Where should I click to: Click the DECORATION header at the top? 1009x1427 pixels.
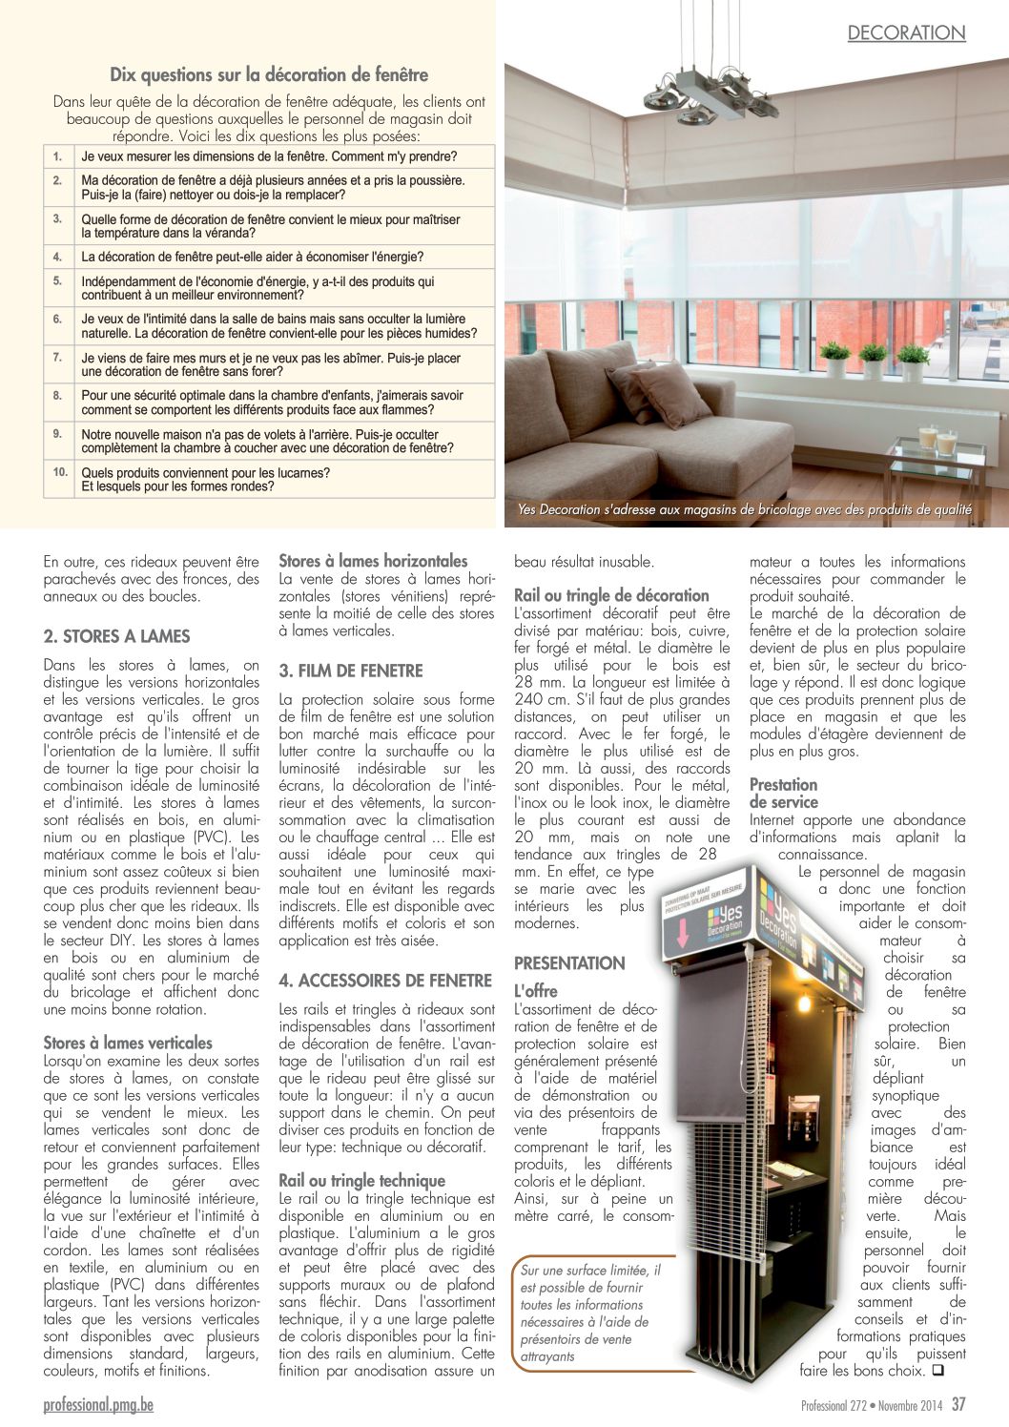[x=906, y=33]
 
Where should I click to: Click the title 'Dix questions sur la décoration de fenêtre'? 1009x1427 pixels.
[x=269, y=75]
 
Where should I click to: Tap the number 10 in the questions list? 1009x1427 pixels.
[x=60, y=472]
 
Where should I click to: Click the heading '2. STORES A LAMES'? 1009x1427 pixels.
[x=116, y=636]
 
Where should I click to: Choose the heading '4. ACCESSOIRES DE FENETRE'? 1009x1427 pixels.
[x=385, y=981]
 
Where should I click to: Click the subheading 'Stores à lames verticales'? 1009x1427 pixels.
[x=128, y=1043]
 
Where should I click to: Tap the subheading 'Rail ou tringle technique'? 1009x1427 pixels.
[x=361, y=1181]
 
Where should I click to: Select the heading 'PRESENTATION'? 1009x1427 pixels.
[x=569, y=963]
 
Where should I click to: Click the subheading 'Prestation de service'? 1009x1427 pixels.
[x=784, y=794]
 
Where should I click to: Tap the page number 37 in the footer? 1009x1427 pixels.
[x=958, y=1404]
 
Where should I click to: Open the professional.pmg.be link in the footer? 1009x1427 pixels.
[x=98, y=1405]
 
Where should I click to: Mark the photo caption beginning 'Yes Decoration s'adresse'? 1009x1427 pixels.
[x=744, y=510]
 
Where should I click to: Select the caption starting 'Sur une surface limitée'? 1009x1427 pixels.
[x=590, y=1313]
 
